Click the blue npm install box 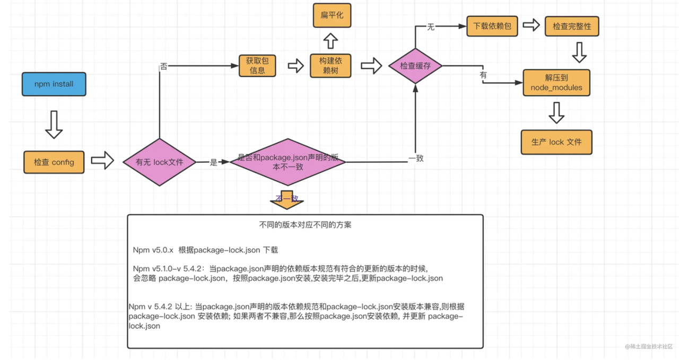(54, 85)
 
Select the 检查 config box (54, 162)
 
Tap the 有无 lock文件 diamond (160, 162)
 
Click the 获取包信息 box (257, 66)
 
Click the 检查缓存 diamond (415, 66)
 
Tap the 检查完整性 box (572, 26)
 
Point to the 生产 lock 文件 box (556, 142)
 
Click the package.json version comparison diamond (288, 162)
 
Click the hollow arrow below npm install (54, 125)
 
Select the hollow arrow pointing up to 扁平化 (331, 41)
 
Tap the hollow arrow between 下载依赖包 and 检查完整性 (531, 25)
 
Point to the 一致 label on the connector (416, 158)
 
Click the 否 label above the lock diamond (163, 67)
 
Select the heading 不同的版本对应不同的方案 (305, 225)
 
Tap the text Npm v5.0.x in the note (154, 250)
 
